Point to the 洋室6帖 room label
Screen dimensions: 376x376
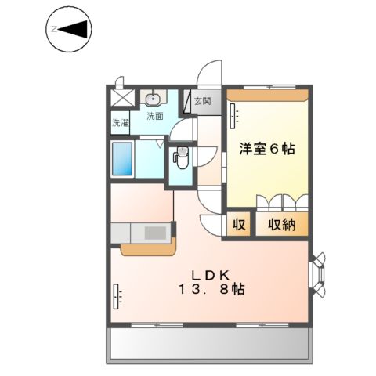click(x=266, y=148)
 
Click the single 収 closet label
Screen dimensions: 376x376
click(x=239, y=225)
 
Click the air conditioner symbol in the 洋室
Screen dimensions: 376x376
click(x=233, y=116)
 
